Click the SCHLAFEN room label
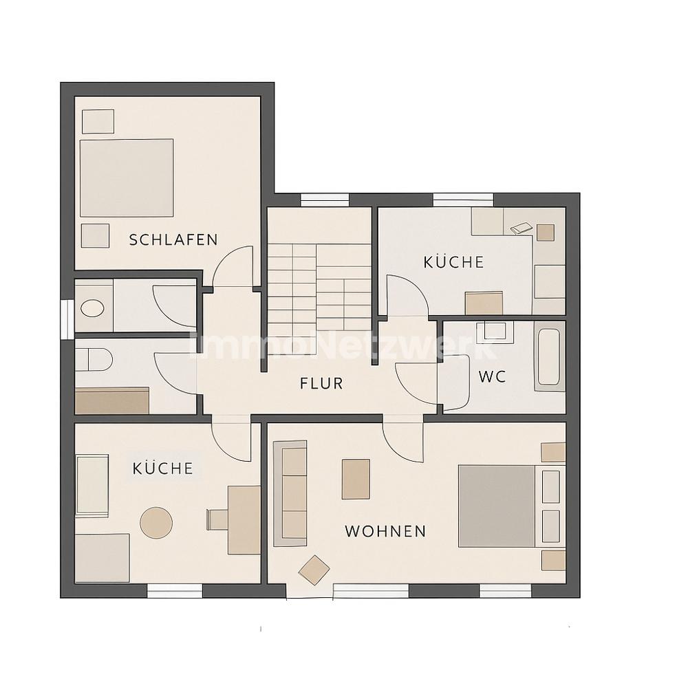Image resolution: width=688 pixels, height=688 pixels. (x=173, y=239)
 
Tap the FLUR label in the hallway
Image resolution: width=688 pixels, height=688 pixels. (x=321, y=383)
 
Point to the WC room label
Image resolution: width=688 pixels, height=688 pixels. (x=493, y=376)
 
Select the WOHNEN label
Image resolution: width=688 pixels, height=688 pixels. (x=386, y=531)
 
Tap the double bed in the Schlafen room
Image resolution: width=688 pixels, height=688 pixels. (x=127, y=178)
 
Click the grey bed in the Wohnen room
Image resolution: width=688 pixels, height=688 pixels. (x=497, y=506)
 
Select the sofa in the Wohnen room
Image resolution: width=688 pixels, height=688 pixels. (x=290, y=493)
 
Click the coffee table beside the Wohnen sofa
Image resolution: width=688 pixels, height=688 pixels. (x=356, y=479)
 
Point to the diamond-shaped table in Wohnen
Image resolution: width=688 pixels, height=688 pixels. (x=314, y=570)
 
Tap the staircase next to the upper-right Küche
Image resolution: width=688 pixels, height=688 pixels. (x=319, y=299)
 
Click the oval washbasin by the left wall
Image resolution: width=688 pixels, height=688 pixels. (x=93, y=308)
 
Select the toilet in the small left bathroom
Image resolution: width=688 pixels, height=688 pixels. (x=94, y=360)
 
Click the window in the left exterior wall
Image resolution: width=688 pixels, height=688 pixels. (x=67, y=319)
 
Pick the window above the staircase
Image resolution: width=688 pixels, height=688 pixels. (x=325, y=200)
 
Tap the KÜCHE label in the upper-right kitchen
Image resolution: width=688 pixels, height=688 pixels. (x=453, y=262)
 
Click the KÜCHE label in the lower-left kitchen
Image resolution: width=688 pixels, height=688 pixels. (x=163, y=469)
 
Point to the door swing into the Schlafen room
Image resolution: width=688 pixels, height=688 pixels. (x=233, y=266)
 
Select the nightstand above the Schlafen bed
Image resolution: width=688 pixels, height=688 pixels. (x=98, y=121)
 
